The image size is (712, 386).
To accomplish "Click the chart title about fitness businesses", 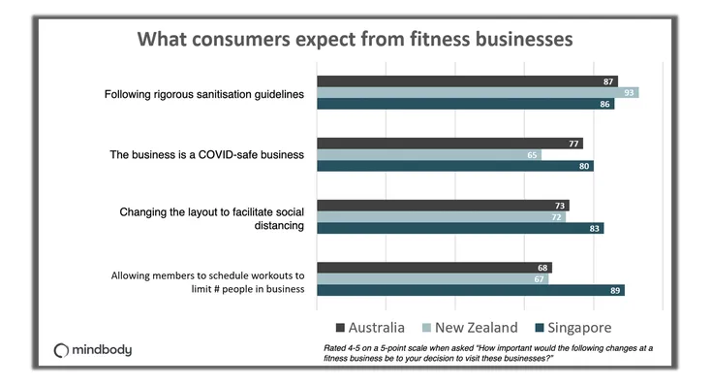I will click(x=355, y=40).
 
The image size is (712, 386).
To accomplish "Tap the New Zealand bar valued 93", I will click(x=478, y=93).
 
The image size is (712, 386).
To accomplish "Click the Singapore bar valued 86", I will click(x=466, y=104).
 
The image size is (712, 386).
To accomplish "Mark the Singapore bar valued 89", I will click(x=471, y=290).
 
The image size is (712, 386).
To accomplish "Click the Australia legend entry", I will click(x=369, y=327).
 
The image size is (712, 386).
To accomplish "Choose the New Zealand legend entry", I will click(x=469, y=327).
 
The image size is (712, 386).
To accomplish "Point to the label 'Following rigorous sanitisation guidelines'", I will click(x=203, y=94).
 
